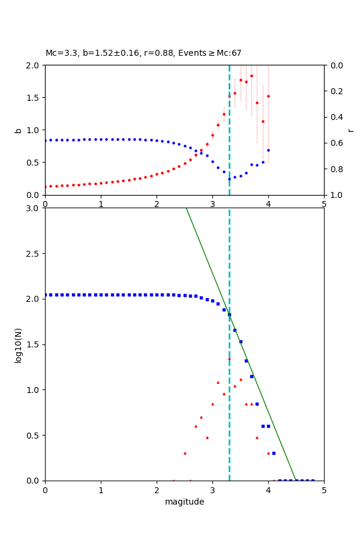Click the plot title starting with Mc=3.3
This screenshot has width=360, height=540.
(143, 53)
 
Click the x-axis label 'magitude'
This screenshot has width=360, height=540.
(184, 502)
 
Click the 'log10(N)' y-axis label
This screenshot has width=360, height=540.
(18, 344)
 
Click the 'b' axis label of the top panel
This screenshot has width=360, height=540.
(18, 130)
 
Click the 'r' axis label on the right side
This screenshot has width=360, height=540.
(350, 130)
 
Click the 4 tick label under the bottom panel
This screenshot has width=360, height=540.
(268, 490)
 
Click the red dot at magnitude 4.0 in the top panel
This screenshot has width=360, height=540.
(268, 96)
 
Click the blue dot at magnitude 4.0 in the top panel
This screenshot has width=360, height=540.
(268, 150)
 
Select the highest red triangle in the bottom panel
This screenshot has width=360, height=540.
(229, 359)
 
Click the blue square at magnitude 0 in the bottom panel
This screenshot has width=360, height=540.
(45, 295)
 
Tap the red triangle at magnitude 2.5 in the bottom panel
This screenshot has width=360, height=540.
(185, 453)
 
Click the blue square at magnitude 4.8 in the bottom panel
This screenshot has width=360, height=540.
(313, 481)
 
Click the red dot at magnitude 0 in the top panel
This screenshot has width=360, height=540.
(45, 187)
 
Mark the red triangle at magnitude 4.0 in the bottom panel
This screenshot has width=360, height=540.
(268, 453)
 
